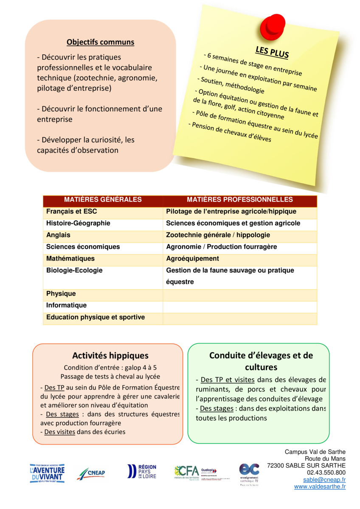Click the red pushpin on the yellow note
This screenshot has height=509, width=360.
[270, 26]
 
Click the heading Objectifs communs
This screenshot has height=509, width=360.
[100, 42]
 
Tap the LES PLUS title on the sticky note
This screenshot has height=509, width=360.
[272, 52]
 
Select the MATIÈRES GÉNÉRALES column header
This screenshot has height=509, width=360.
[103, 200]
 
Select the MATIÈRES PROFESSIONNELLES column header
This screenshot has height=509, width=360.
[240, 200]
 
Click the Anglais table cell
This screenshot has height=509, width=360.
[59, 235]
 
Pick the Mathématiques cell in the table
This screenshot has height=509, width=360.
[70, 259]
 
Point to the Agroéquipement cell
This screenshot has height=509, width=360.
[193, 259]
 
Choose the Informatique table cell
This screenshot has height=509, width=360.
[66, 305]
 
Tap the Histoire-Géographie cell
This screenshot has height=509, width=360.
[78, 223]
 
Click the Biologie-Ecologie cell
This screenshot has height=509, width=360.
[74, 271]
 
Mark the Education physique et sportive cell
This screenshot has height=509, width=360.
[96, 317]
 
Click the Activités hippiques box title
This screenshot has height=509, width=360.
[110, 355]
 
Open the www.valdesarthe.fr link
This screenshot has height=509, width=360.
[320, 487]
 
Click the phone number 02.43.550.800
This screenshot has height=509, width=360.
[326, 473]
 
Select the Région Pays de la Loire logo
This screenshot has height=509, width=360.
[142, 472]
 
